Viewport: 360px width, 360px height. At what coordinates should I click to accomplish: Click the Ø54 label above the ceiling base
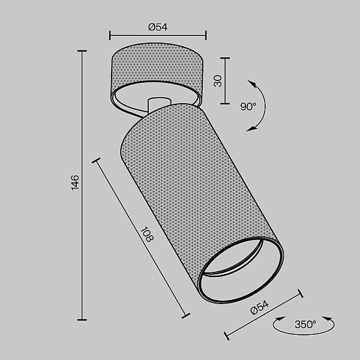pos(158,27)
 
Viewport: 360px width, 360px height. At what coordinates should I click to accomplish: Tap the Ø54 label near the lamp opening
pos(259,307)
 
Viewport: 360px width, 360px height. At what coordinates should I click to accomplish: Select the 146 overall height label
pos(75,182)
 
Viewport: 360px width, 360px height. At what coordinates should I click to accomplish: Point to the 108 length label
pos(146,235)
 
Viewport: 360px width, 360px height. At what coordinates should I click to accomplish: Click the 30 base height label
pos(218,81)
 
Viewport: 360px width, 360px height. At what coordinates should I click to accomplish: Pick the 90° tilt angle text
pos(248,107)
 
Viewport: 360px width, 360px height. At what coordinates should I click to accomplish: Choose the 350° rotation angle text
pos(305,325)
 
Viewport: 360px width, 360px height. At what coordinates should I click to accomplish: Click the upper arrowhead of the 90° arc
pos(252,84)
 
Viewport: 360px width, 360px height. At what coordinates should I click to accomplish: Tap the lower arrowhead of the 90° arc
pos(251,128)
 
